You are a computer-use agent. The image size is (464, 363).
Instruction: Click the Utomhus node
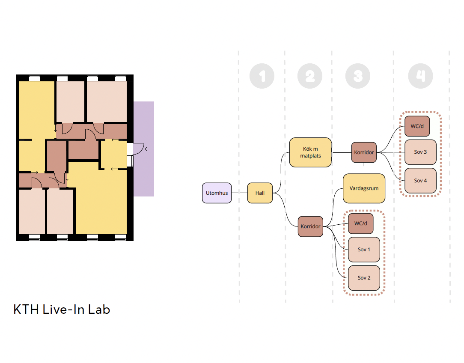217,193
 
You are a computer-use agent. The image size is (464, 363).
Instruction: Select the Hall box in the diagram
260,193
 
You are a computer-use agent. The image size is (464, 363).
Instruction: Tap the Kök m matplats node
310,152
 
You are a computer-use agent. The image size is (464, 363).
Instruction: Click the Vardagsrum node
364,188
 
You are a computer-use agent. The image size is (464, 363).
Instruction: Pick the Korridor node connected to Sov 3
364,152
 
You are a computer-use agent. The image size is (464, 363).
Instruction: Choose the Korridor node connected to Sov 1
310,226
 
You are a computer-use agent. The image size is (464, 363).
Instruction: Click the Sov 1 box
364,249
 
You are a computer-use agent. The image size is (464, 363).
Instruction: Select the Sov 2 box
364,278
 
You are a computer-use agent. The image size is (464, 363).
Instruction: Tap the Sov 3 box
420,152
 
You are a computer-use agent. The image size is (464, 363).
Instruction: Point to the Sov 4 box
420,181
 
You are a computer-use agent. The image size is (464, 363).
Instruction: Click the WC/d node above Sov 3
417,126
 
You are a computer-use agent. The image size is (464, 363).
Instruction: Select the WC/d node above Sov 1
361,223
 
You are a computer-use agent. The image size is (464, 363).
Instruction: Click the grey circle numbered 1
262,76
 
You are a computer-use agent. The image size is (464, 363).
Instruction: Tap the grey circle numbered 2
309,76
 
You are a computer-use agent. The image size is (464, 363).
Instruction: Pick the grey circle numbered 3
357,76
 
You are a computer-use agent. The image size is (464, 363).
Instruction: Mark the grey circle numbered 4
420,76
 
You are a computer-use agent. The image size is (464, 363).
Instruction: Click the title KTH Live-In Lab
62,309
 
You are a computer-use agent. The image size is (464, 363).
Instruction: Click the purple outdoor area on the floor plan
144,176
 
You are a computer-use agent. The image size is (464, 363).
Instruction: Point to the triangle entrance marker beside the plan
146,149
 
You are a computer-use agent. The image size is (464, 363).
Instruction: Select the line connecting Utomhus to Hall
240,193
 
